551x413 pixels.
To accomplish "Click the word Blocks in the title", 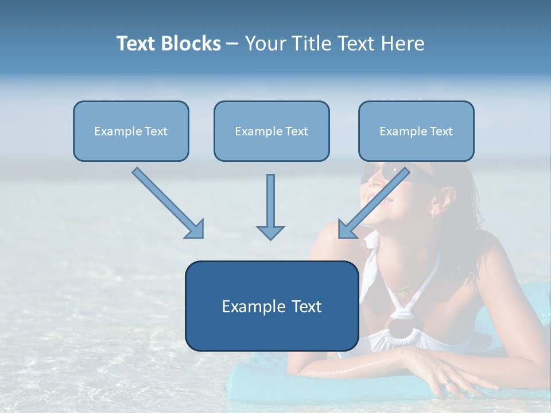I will click(x=192, y=44).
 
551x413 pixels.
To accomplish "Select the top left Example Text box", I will click(x=131, y=131).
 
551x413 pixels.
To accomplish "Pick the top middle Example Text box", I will click(x=271, y=131).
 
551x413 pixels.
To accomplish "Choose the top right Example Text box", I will click(x=416, y=131).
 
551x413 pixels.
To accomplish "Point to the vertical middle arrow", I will click(x=270, y=204).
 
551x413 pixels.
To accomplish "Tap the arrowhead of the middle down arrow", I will click(x=270, y=232).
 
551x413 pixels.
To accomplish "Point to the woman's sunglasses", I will click(x=396, y=172).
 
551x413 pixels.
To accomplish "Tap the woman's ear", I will click(x=441, y=201).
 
